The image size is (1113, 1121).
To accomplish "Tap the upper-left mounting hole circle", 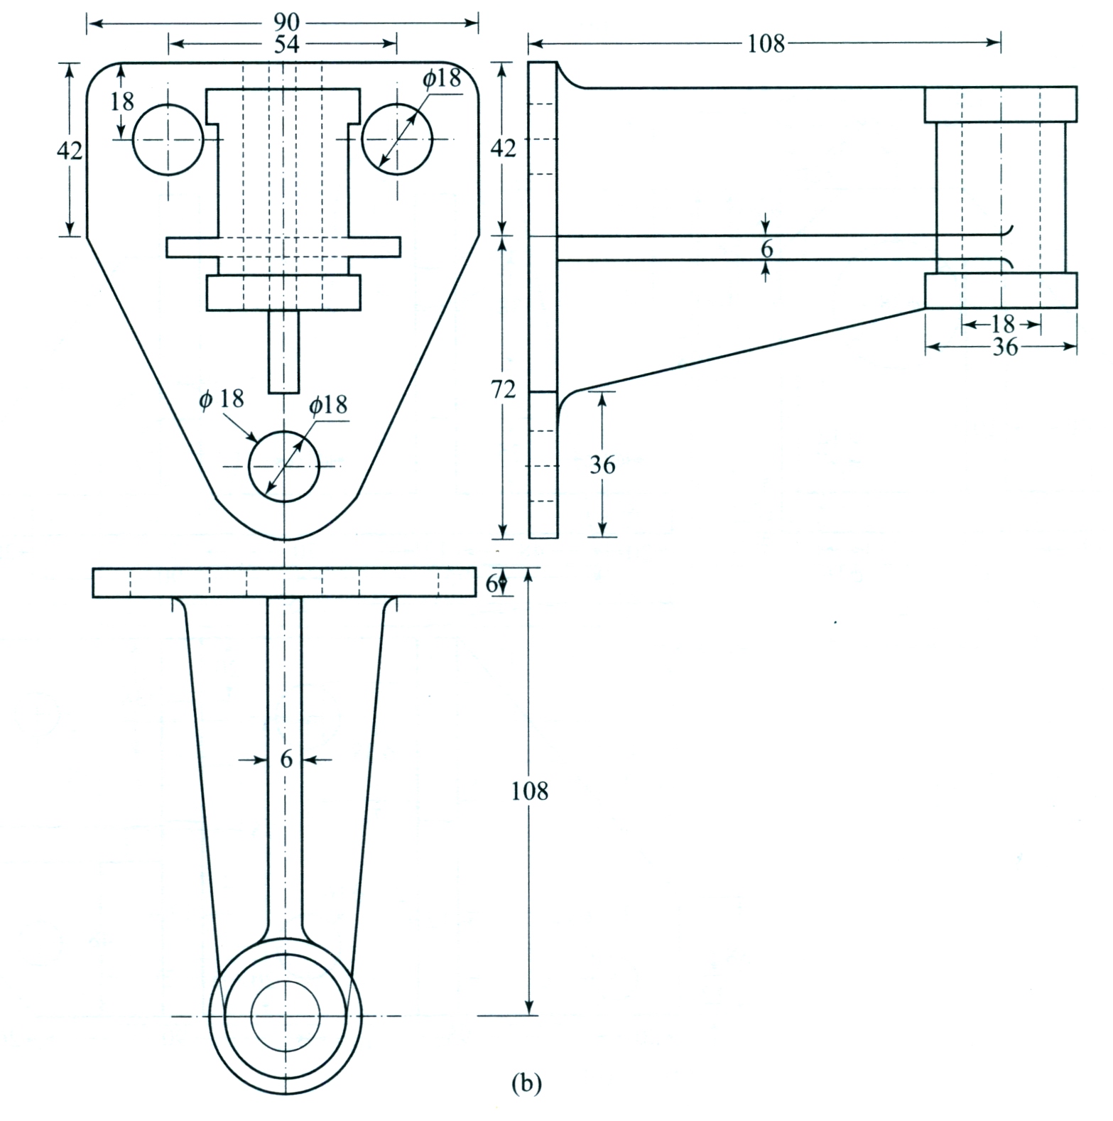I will coord(168,139).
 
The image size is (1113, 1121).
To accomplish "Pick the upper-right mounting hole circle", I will coord(397,139).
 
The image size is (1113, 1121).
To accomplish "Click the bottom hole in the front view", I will coord(284,466).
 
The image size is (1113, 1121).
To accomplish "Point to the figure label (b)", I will coord(526,1083).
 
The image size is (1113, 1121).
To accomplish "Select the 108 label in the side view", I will coord(766,44).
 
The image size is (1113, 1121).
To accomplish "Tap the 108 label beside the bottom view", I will coord(530,791).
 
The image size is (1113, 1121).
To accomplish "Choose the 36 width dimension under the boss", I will coord(1004,347).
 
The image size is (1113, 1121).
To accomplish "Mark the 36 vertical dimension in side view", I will coord(602,465).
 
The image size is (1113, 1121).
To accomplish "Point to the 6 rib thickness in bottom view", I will coord(286,759).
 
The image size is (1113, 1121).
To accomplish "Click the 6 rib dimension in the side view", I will coord(766,249).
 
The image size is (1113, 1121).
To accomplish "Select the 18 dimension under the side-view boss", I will coord(1002,325).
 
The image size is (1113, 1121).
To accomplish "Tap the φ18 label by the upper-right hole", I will coord(442,79).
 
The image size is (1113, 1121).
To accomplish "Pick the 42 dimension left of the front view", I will coord(69,150).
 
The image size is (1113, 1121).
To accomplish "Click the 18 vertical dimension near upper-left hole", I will coord(122,102).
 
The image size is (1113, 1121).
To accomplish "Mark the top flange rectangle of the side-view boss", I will coord(1000,104).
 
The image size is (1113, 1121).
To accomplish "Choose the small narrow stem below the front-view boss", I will coord(283,352).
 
